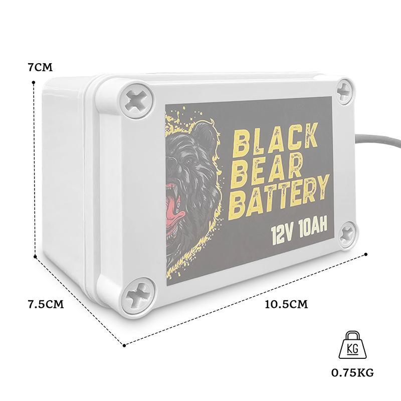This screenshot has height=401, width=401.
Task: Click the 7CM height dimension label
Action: [x=40, y=67]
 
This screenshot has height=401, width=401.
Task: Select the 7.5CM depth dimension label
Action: [x=45, y=304]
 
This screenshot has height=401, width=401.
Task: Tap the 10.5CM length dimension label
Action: [x=286, y=304]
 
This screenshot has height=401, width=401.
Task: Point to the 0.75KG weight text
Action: [x=352, y=372]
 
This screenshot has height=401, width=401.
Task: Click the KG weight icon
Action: [x=352, y=344]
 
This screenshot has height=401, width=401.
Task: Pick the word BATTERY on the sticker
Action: [x=281, y=197]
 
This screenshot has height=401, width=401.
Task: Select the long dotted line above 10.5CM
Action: [x=246, y=299]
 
